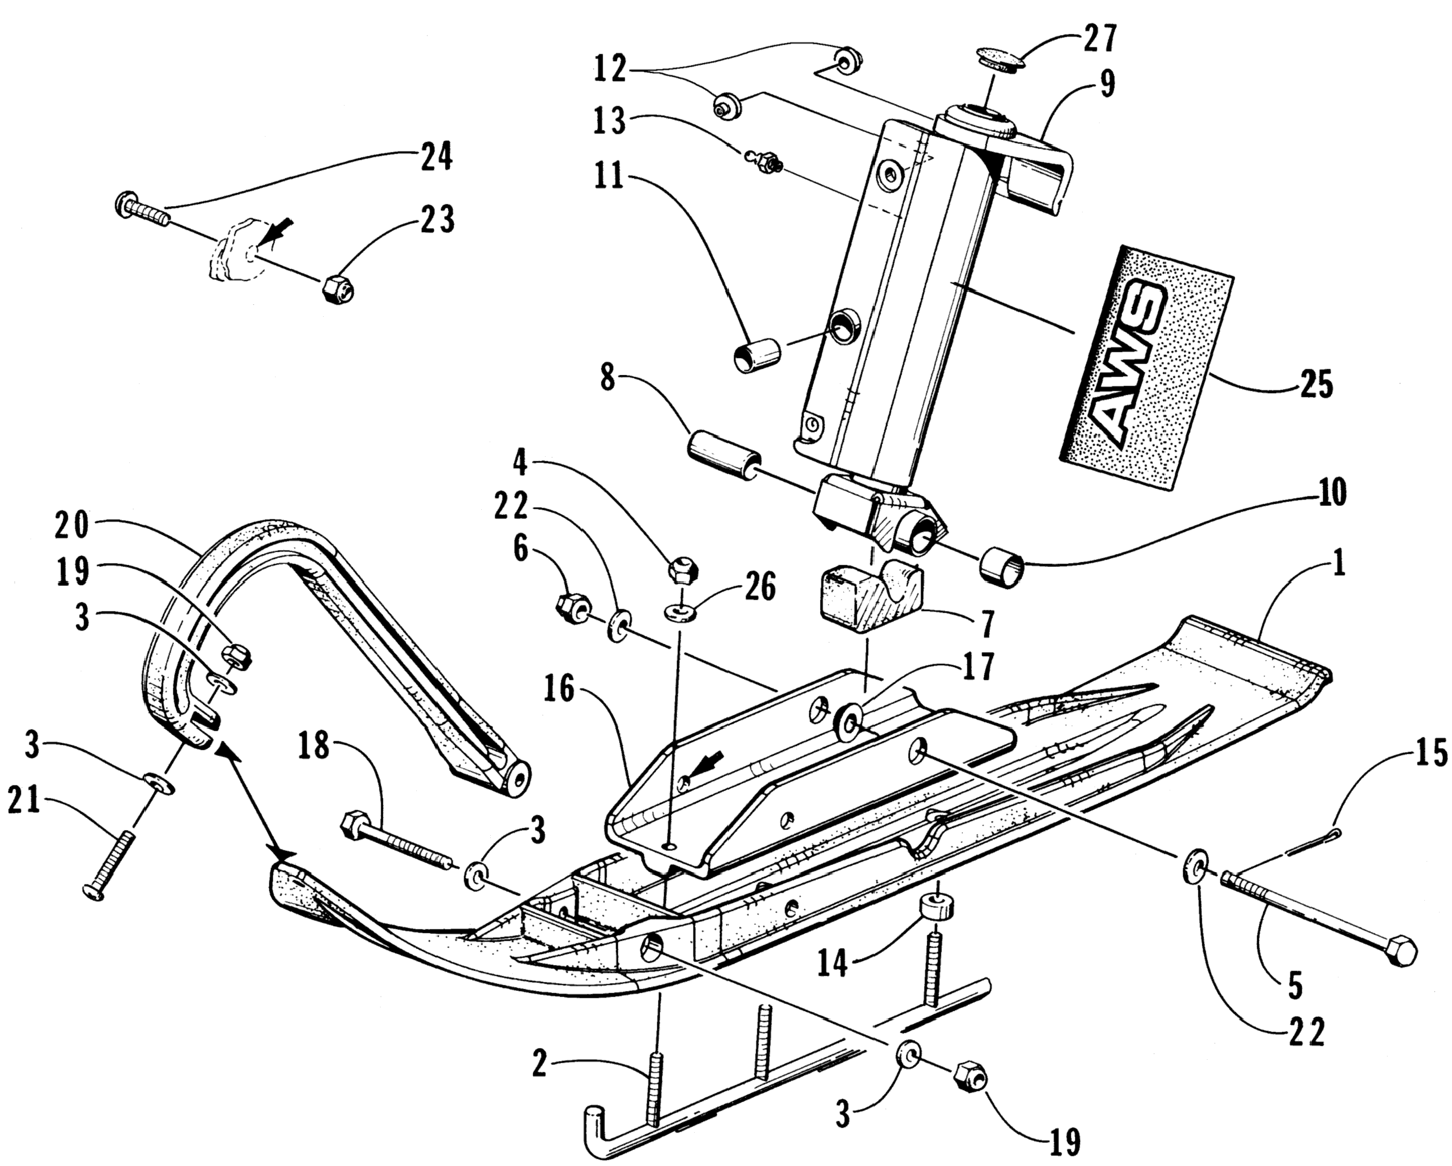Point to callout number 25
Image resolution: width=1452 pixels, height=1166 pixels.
pos(1316,385)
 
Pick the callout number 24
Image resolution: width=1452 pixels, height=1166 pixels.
pos(436,157)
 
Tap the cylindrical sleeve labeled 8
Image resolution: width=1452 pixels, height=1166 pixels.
pos(721,458)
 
